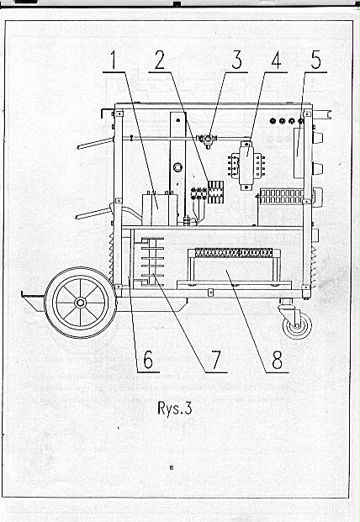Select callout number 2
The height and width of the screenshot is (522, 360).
[160, 61]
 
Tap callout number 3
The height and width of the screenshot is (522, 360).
[236, 61]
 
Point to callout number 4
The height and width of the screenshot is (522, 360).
[276, 61]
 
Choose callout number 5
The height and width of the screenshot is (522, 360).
[315, 61]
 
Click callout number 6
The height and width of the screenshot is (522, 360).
[148, 360]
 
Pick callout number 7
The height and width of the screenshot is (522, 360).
[216, 360]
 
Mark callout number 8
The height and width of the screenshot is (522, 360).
[277, 360]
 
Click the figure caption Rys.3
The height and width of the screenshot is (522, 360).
[175, 409]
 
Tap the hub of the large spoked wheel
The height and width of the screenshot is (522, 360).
[80, 303]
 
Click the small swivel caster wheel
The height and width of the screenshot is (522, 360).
[297, 326]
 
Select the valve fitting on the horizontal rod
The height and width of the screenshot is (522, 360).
[207, 140]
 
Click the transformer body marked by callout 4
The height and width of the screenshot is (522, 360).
[246, 166]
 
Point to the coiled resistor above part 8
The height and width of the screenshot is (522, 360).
[234, 253]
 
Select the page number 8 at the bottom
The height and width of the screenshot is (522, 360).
[172, 467]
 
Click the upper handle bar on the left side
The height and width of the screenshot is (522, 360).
[96, 144]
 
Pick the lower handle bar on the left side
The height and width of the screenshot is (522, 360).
[93, 214]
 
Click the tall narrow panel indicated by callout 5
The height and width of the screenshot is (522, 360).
[299, 153]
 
